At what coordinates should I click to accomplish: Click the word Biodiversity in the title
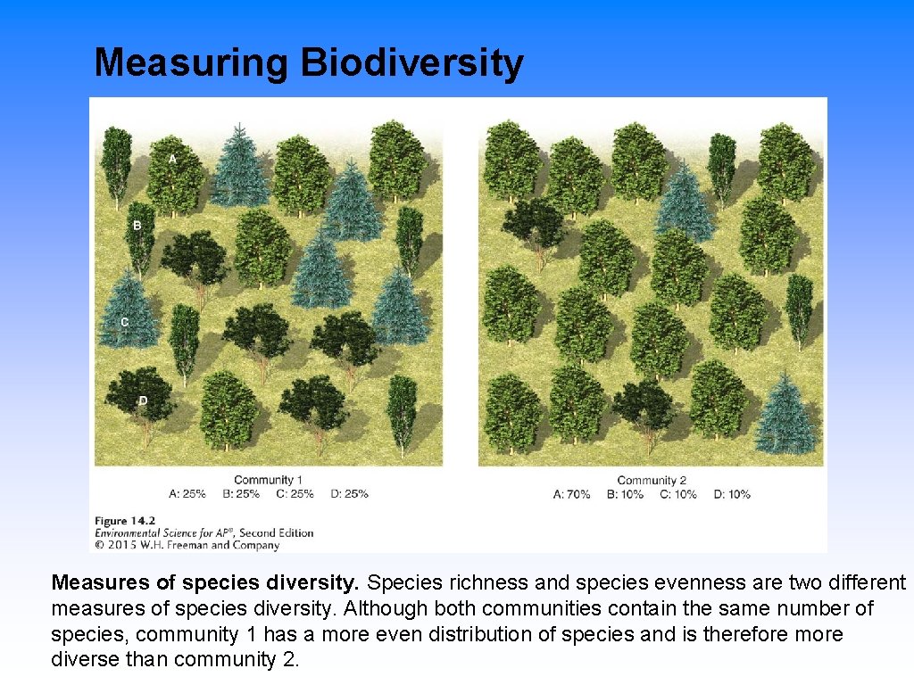click(x=411, y=64)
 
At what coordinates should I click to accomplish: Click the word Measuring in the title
click(x=192, y=64)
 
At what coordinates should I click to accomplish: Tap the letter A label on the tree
click(x=173, y=158)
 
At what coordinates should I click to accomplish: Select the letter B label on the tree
click(x=137, y=226)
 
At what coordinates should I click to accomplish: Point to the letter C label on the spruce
click(x=124, y=321)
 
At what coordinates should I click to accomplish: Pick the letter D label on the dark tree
click(x=143, y=400)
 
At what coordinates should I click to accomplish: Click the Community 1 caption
click(x=268, y=481)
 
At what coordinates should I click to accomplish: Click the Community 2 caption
click(x=652, y=481)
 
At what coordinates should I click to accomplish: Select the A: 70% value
click(x=571, y=494)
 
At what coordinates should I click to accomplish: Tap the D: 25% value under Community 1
click(x=349, y=493)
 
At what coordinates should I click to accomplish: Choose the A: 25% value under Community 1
click(x=187, y=493)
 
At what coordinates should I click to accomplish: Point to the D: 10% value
click(x=732, y=494)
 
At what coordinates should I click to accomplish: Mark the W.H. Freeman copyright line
click(x=187, y=545)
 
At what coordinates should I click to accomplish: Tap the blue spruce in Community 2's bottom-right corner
click(x=785, y=415)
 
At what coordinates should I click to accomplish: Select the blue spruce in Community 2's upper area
click(x=685, y=202)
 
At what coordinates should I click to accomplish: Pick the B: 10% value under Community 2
click(x=625, y=494)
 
